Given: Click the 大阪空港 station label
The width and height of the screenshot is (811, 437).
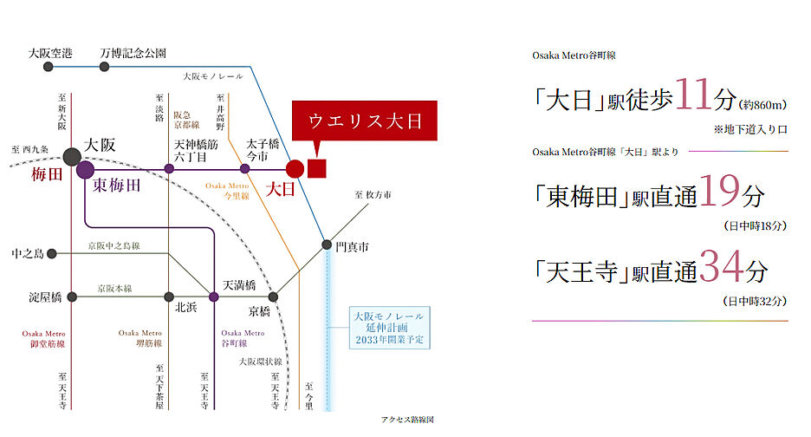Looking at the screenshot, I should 50,53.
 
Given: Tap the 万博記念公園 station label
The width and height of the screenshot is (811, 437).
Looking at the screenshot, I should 133,53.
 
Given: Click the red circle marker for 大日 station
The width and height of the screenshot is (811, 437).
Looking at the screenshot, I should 295,168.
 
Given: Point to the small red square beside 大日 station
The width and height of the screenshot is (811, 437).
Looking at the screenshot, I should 316,168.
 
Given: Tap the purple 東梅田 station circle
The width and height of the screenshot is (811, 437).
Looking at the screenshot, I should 85,169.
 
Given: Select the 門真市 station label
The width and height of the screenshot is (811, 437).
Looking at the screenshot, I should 352,247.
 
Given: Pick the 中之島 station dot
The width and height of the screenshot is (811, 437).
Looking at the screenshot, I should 52,254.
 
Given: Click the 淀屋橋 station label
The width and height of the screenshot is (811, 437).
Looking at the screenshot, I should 45,297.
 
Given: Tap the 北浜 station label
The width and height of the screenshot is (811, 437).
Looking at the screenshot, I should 186,307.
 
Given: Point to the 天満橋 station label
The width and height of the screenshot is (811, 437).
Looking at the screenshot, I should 240,284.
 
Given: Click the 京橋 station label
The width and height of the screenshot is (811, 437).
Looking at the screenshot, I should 260,310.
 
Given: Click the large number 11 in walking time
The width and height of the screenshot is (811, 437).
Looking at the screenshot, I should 691,96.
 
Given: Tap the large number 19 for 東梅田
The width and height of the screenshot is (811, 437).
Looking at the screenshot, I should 721,193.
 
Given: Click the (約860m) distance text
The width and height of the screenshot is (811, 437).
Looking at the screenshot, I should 763,106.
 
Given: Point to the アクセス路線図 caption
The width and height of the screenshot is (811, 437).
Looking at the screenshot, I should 406,420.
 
